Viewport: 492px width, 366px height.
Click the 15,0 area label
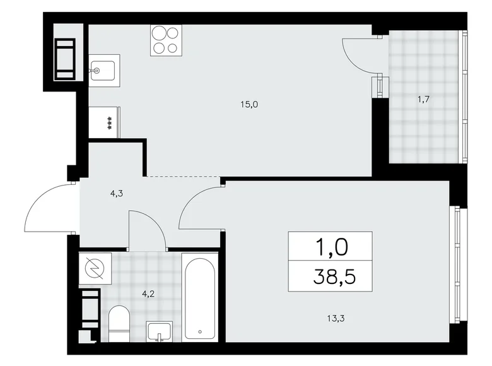pos(248,105)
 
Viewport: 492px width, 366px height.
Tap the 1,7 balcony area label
pos(424,98)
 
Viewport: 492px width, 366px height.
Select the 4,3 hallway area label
pos(116,194)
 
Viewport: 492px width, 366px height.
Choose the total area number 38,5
pos(330,276)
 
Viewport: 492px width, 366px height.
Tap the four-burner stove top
pos(166,40)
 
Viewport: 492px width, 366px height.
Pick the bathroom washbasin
pos(161,331)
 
